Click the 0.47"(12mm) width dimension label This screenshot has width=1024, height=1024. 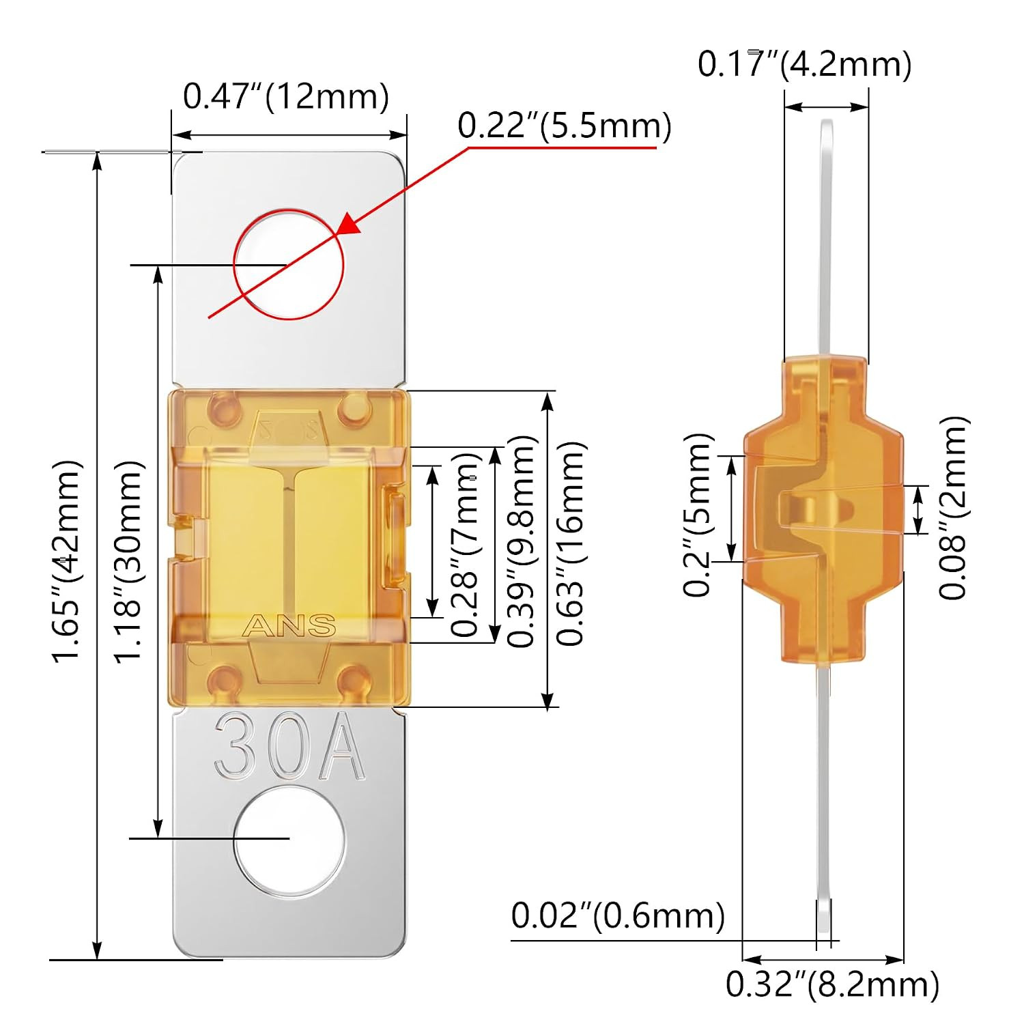[x=286, y=96]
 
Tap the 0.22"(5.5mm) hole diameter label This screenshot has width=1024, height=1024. [x=565, y=126]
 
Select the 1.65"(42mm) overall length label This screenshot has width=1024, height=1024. [x=68, y=560]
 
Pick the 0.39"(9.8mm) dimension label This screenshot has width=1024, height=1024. [x=522, y=541]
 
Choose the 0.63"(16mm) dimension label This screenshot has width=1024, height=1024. [x=571, y=543]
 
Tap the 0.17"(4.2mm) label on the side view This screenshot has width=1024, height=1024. [x=804, y=64]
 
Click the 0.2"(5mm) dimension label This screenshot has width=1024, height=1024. [x=698, y=514]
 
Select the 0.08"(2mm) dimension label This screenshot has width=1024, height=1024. [x=953, y=508]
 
